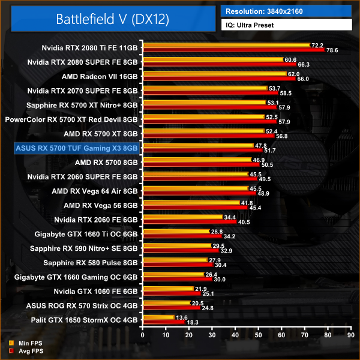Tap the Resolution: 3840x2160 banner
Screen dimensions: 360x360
(286, 11)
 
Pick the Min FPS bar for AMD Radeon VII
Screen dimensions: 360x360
(213, 74)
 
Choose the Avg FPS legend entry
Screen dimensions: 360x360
(26, 350)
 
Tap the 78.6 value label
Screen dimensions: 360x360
(332, 50)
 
